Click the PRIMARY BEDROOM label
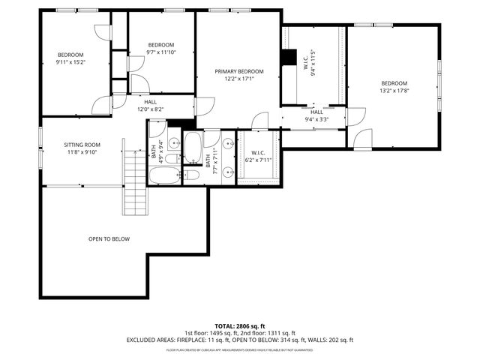(x=239, y=71)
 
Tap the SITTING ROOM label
(x=82, y=144)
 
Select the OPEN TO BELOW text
(x=109, y=239)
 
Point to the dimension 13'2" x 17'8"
(x=394, y=91)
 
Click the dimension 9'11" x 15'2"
(x=71, y=62)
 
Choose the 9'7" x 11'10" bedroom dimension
(x=161, y=52)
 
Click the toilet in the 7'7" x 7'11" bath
(x=192, y=175)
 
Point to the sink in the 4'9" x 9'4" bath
(x=173, y=142)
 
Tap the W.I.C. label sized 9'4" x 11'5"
(x=307, y=67)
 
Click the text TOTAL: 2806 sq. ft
(x=240, y=326)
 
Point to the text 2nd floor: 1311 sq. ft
(x=268, y=333)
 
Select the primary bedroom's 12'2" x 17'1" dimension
(x=239, y=79)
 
